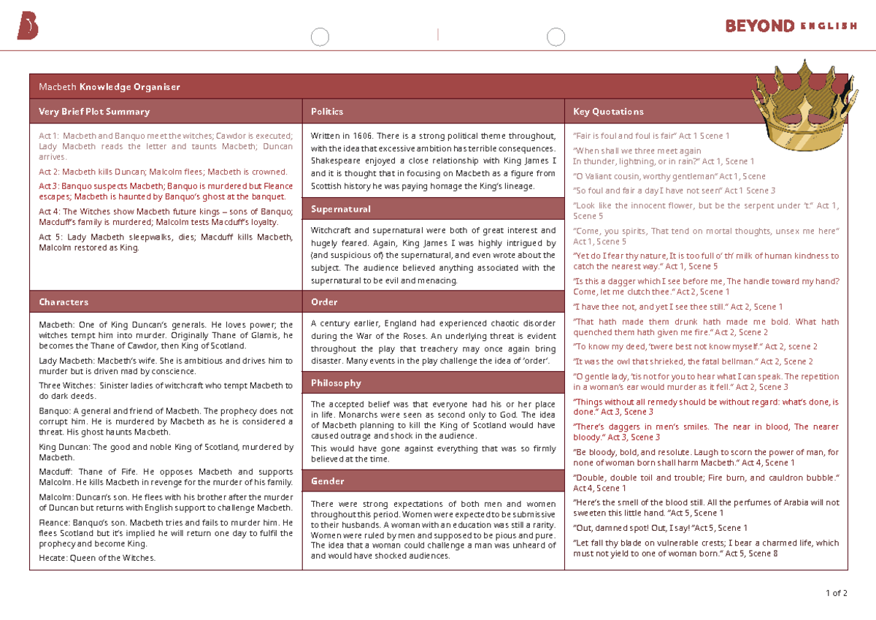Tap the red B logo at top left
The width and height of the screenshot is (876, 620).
27,27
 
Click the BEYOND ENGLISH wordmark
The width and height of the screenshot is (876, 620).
791,26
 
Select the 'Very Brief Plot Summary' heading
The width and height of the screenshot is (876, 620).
94,112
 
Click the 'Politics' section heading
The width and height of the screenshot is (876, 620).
326,112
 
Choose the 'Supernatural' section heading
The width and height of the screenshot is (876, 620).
340,209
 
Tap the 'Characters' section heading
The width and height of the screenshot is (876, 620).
64,302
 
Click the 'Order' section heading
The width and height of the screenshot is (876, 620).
323,302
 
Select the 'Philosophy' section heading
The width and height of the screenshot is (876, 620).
336,383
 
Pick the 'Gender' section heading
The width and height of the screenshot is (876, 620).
327,481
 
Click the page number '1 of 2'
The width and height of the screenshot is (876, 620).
836,593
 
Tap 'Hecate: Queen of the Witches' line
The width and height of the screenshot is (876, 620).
97,558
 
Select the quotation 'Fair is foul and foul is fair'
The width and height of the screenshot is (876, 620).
625,136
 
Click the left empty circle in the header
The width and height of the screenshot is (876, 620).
320,37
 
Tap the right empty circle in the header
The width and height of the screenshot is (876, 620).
556,37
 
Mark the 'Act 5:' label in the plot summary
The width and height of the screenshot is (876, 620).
50,237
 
